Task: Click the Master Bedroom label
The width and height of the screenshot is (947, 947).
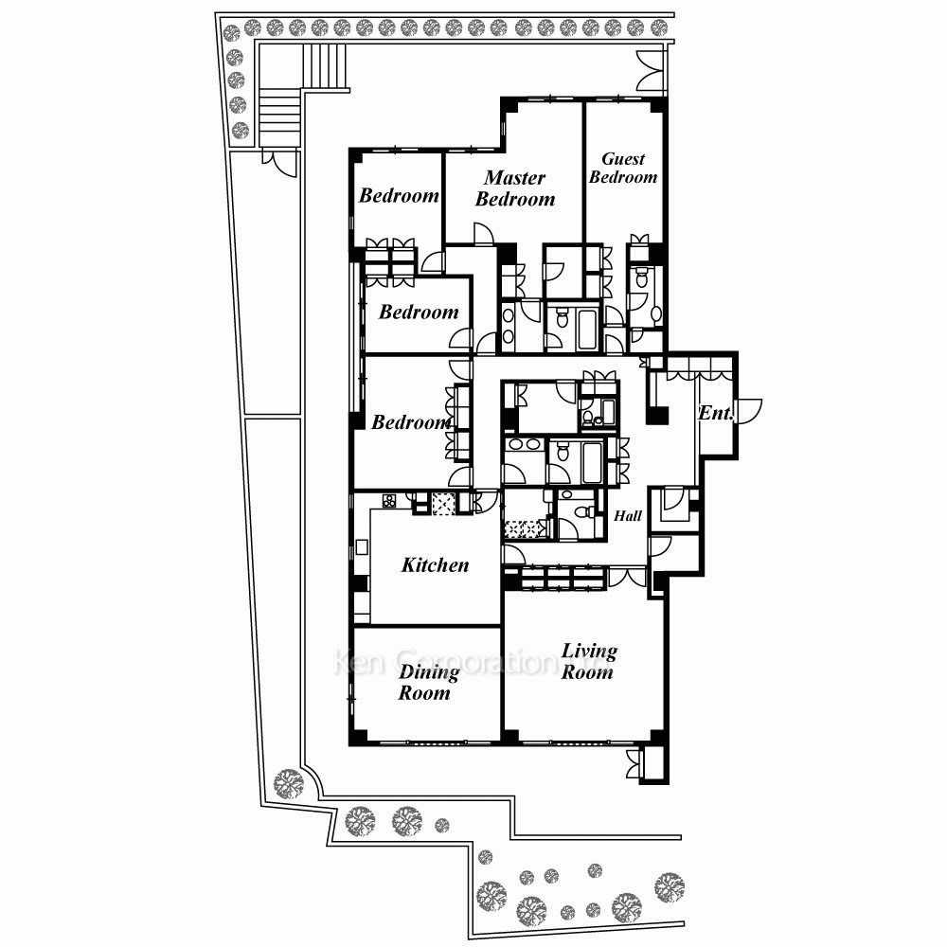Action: coord(515,188)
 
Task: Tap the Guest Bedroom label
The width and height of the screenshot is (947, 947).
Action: coord(623,168)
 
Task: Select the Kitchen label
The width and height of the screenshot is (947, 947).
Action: coord(435,565)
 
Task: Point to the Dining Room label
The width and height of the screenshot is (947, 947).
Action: coord(428,682)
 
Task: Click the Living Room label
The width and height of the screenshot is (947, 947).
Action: coord(589,661)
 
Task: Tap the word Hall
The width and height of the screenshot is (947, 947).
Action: coord(628,516)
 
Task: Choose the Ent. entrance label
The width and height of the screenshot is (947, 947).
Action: coord(716,413)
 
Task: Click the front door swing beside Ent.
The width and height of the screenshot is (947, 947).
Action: coord(749,411)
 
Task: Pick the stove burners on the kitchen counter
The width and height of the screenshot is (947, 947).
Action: coord(389,501)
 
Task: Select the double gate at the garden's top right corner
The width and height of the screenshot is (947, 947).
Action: coord(652,72)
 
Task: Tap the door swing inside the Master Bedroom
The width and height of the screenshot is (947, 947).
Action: coord(484,234)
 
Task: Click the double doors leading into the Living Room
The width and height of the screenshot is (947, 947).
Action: coord(628,577)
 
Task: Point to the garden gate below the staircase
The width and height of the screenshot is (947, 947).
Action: coord(279,163)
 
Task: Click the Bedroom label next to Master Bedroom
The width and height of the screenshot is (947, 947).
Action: coord(399,196)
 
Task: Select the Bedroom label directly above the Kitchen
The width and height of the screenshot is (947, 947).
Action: coord(411,422)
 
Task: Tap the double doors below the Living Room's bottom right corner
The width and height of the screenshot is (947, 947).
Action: coord(634,763)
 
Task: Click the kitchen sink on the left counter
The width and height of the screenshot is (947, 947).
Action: coord(362,547)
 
